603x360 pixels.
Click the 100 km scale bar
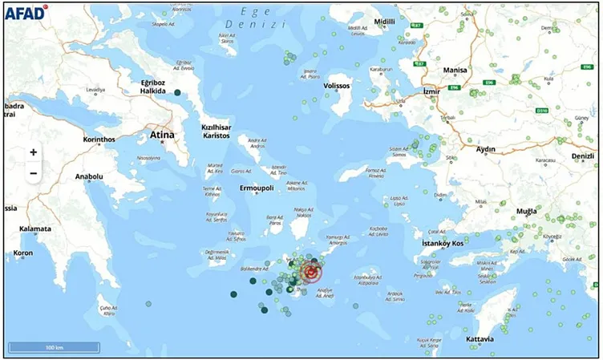click(55, 347)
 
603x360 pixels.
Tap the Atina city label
click(161, 136)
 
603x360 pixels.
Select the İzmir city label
click(431, 92)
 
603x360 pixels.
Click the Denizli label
click(582, 155)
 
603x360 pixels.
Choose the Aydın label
click(486, 149)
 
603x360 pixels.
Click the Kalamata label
click(35, 229)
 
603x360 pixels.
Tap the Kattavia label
click(480, 339)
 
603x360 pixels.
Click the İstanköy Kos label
click(443, 242)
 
